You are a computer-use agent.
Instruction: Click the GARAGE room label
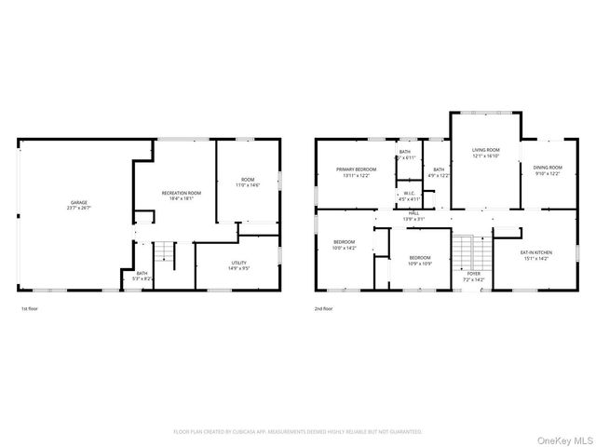pyautogui.click(x=77, y=202)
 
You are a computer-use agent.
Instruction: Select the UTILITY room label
pyautogui.click(x=239, y=263)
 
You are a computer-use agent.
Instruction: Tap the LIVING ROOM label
pyautogui.click(x=485, y=150)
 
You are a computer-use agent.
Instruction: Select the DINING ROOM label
pyautogui.click(x=548, y=168)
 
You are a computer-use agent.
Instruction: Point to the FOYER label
pyautogui.click(x=473, y=273)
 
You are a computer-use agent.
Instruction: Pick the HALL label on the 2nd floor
pyautogui.click(x=413, y=213)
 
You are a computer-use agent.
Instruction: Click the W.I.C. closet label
pyautogui.click(x=410, y=194)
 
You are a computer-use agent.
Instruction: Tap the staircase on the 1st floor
pyautogui.click(x=164, y=251)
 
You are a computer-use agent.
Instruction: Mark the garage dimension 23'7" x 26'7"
pyautogui.click(x=77, y=208)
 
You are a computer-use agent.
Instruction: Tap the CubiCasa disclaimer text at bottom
pyautogui.click(x=298, y=432)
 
